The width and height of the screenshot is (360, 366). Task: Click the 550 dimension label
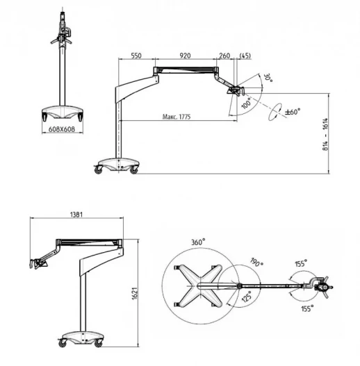136,56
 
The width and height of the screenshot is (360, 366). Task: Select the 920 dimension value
185,56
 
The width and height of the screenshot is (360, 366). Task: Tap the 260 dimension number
224,56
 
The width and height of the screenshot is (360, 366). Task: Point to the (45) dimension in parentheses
245,56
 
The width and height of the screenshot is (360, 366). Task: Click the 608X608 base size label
62,129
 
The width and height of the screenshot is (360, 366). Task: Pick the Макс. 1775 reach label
177,117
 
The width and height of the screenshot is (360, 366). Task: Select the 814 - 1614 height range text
325,134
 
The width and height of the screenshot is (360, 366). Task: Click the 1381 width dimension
76,215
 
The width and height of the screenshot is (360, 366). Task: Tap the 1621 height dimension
135,293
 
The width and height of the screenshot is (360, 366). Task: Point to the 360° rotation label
198,242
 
